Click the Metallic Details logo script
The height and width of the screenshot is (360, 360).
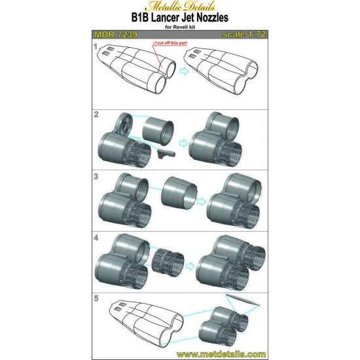[180, 6]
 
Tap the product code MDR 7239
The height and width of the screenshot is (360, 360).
[116, 35]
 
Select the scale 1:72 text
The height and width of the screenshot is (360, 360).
[244, 35]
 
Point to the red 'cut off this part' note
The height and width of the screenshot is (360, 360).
[170, 43]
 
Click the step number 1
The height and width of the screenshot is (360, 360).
[96, 46]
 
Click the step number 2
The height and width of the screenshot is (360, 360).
[96, 115]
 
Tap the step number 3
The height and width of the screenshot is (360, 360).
[96, 176]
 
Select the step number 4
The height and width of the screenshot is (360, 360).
[96, 238]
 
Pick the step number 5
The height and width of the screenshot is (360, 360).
[96, 298]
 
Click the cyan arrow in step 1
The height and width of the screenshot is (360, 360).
[184, 71]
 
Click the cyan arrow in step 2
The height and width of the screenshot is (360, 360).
[183, 143]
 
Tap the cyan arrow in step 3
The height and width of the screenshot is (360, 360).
[201, 202]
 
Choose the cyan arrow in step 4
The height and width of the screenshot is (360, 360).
[190, 266]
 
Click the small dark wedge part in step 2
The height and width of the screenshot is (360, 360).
[166, 153]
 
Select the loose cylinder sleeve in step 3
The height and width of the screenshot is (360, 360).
[179, 192]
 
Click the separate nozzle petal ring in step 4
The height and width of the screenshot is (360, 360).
[168, 262]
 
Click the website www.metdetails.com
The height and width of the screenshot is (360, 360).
[221, 354]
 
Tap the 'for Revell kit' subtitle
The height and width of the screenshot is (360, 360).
[180, 27]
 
